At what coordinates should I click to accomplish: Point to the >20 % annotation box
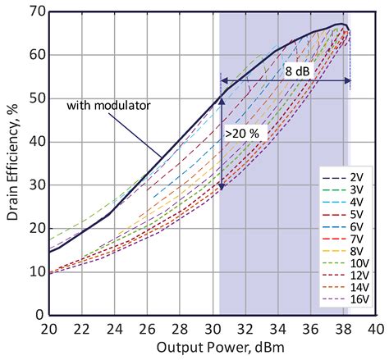(241, 130)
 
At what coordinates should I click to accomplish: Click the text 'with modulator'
(108, 105)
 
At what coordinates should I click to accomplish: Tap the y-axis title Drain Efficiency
(11, 164)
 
